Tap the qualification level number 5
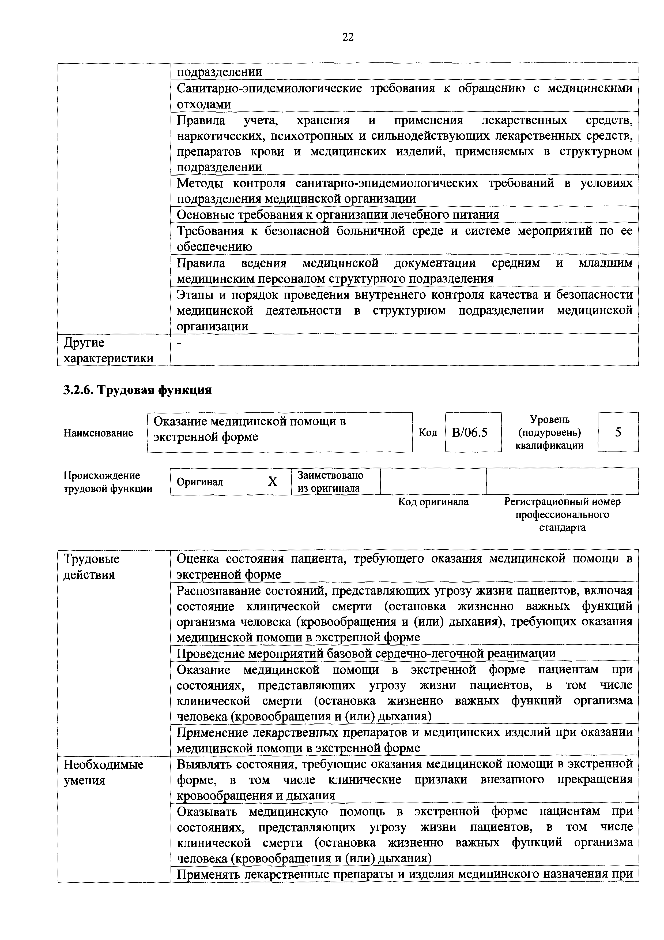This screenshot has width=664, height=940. click(618, 432)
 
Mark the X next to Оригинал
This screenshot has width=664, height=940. click(273, 482)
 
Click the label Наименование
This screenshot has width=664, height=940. click(98, 433)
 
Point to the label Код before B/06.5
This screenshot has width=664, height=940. click(428, 433)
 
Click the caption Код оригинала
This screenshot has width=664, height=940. click(433, 502)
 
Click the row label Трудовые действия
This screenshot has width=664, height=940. click(92, 567)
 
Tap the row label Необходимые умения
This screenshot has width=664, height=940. click(104, 773)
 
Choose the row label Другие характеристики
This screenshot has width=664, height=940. click(108, 350)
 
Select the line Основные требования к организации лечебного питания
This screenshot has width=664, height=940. click(338, 215)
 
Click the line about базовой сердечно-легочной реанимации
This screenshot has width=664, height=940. click(366, 653)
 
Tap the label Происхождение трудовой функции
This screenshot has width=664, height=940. click(108, 482)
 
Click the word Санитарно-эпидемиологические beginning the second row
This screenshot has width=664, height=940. click(269, 88)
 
